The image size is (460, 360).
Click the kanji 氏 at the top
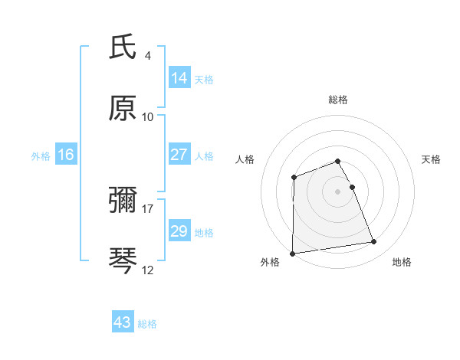(x=123, y=48)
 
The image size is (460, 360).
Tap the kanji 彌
(x=123, y=201)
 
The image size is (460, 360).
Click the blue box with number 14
(x=179, y=78)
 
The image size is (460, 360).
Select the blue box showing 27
(x=179, y=155)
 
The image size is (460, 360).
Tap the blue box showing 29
(x=179, y=231)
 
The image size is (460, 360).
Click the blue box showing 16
(x=66, y=155)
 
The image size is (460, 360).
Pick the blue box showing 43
(x=123, y=322)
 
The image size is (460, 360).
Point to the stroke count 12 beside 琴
(x=148, y=270)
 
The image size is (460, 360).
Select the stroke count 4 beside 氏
(x=148, y=56)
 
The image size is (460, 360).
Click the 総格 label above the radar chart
(x=338, y=100)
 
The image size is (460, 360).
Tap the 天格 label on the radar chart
(x=432, y=159)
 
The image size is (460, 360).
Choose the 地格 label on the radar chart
(x=402, y=262)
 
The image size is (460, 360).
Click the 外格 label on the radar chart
(x=270, y=262)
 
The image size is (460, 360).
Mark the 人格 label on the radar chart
(x=245, y=159)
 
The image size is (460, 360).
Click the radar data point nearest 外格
(x=292, y=254)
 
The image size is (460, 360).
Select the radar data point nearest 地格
(x=374, y=242)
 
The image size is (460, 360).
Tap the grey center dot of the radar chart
(x=338, y=191)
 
